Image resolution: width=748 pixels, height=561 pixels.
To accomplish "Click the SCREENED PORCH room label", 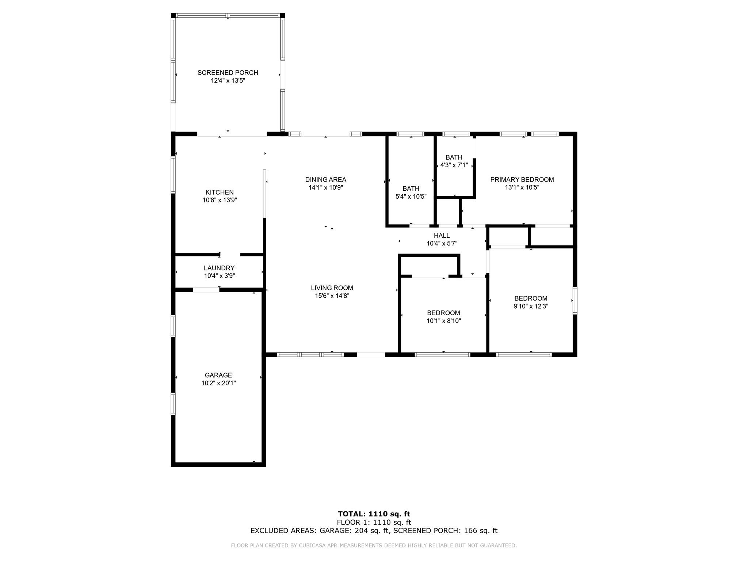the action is [228, 73].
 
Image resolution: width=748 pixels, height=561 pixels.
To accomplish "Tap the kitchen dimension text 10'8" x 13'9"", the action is [220, 200].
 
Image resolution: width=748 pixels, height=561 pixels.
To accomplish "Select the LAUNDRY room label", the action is [219, 268].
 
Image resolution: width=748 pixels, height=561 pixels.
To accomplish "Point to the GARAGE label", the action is [218, 375].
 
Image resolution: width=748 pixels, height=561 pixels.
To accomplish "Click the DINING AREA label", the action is [326, 180].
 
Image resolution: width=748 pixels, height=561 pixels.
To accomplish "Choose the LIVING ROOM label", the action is [332, 288].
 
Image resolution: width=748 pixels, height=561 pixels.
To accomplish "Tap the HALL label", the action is [442, 236].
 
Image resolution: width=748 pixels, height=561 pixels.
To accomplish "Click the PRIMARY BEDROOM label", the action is [522, 180].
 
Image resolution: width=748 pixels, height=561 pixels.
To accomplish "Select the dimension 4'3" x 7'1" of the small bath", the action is [454, 165].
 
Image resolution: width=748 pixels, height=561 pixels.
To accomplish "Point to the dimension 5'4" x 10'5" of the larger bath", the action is [411, 196].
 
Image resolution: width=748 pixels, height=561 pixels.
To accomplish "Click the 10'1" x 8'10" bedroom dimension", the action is [444, 321].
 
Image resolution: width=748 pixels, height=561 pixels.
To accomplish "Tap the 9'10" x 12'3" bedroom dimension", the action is [531, 306].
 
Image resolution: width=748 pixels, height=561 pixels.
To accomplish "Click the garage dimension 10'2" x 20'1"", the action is [218, 383].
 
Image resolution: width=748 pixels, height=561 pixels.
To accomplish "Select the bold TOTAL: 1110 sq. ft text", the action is [374, 514].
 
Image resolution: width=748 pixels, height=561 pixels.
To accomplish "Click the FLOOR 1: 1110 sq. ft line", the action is [374, 523].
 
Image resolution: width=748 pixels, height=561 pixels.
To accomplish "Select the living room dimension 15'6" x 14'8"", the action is [332, 296].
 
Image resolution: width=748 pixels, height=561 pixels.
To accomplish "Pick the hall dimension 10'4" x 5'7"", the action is [442, 244].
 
